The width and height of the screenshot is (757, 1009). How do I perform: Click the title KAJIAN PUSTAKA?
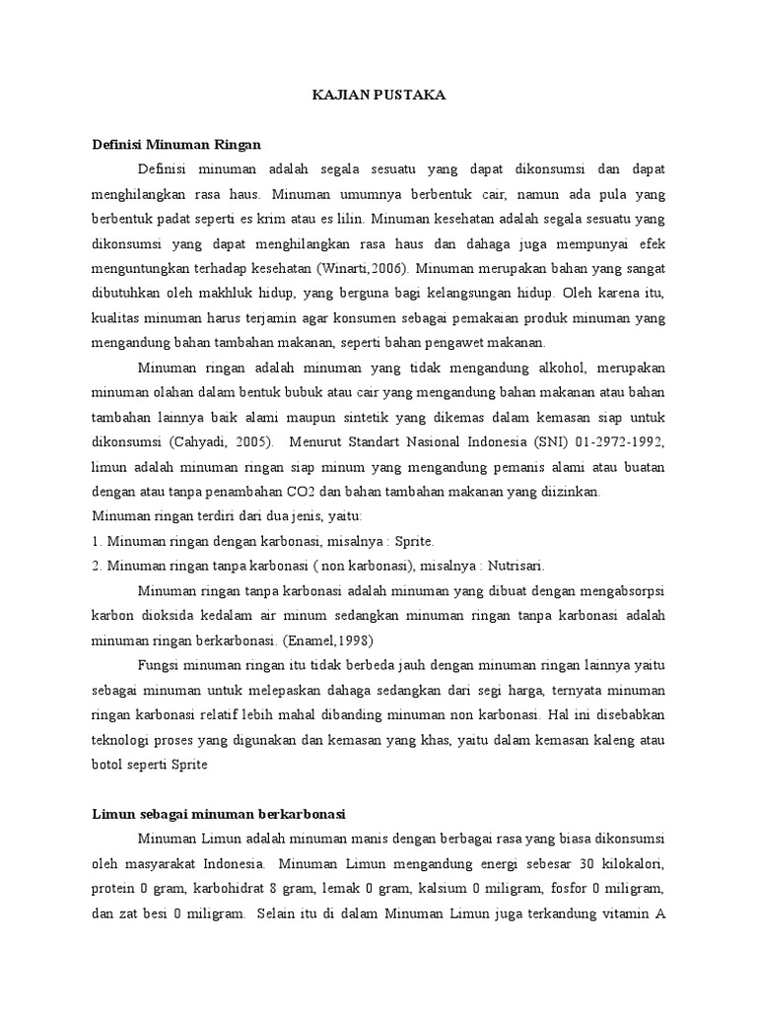[x=378, y=95]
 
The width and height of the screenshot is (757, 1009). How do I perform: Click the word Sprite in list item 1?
[x=413, y=542]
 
